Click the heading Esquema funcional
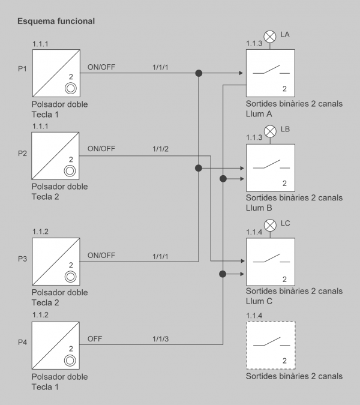[x=56, y=21]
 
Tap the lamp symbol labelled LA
[x=270, y=37]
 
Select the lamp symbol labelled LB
[x=270, y=131]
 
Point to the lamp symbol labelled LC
[x=270, y=225]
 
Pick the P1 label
[x=22, y=69]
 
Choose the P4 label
[x=22, y=342]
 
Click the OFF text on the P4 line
[x=95, y=338]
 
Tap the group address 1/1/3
[x=160, y=339]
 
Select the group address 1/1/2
[x=160, y=149]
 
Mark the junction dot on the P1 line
[x=199, y=73]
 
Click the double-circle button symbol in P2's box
[x=70, y=171]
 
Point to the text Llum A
[x=259, y=113]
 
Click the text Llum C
[x=259, y=301]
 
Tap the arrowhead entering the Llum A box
[x=241, y=73]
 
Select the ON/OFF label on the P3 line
[x=101, y=255]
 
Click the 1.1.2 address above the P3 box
[x=40, y=232]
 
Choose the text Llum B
[x=259, y=208]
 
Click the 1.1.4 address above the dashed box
[x=254, y=316]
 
